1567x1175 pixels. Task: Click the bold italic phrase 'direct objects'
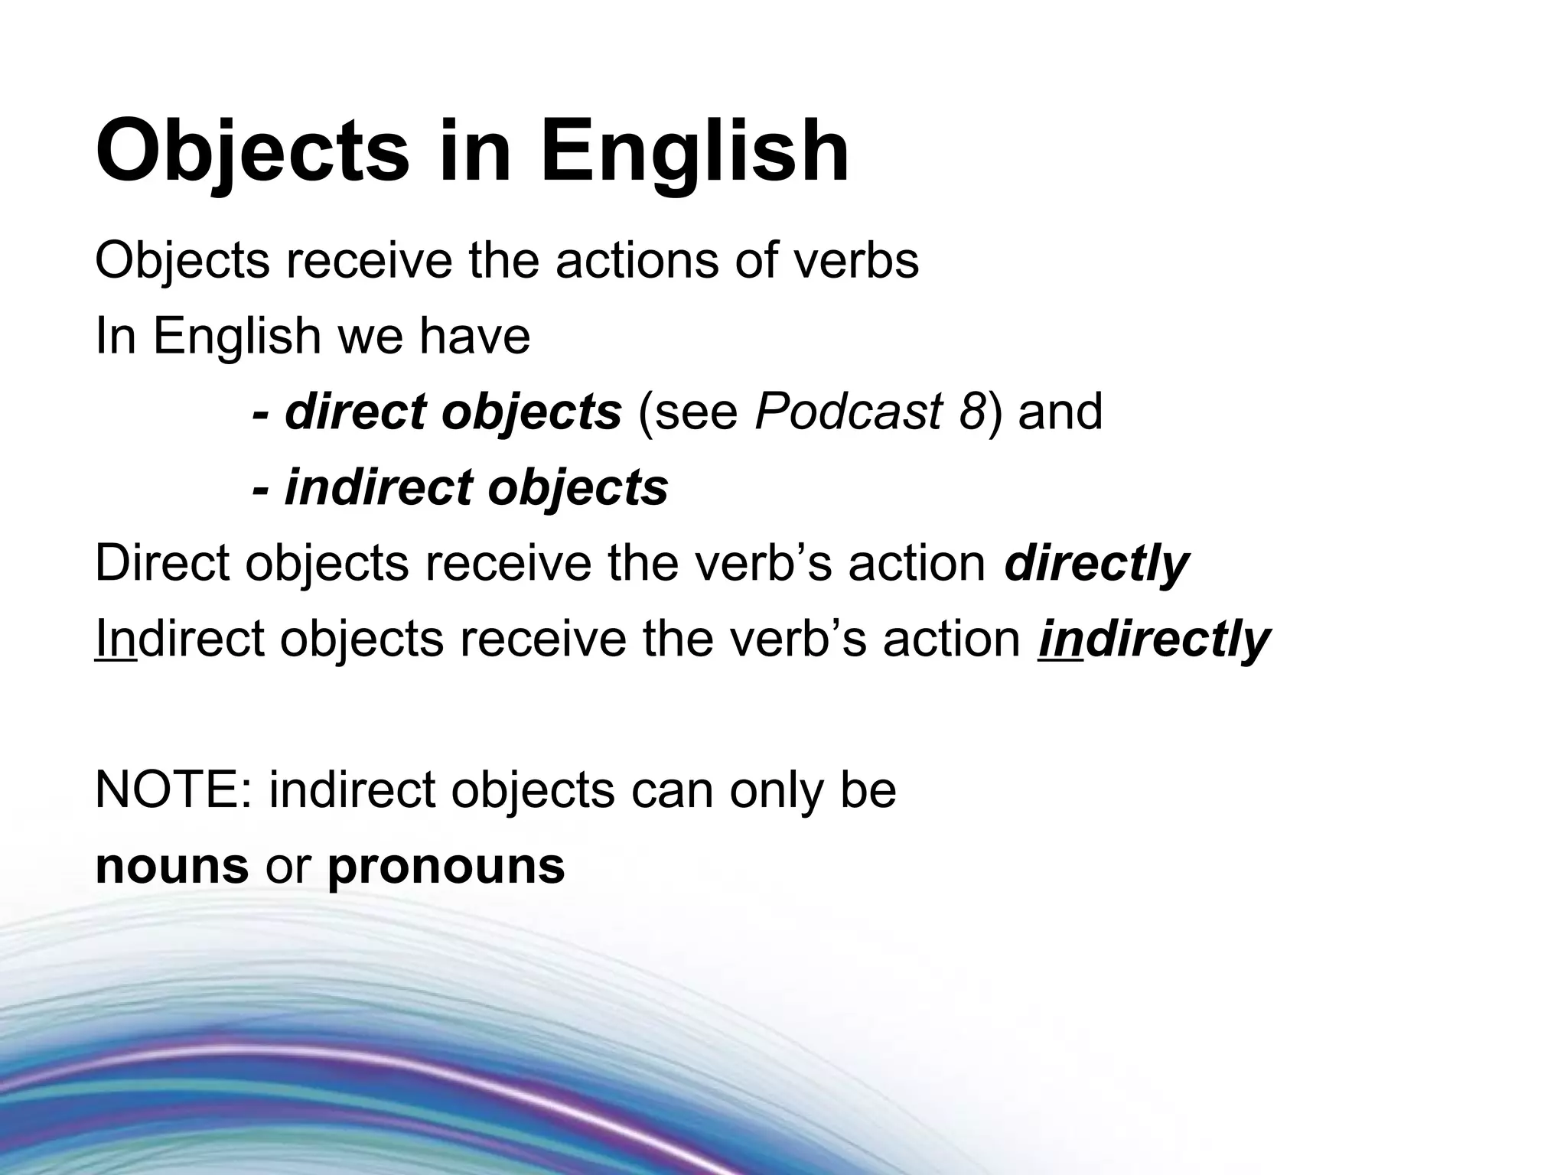point(453,412)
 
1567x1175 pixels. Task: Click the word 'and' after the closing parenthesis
point(1060,412)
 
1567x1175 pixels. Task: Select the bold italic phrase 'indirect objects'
point(476,488)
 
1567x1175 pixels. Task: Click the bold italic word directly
point(1096,564)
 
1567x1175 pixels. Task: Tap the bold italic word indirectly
point(1154,640)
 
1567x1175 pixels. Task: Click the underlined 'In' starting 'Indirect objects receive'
point(116,640)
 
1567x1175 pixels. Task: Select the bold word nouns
point(172,866)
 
